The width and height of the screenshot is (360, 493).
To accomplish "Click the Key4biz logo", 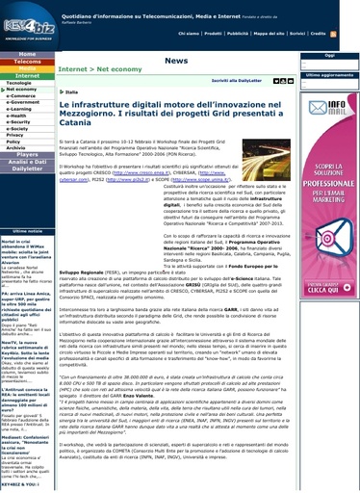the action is [x=27, y=22].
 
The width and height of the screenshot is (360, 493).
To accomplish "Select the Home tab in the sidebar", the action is [x=27, y=54].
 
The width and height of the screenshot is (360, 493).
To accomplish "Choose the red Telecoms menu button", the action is [x=27, y=62].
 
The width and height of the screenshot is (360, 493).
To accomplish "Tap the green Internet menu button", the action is [x=27, y=75].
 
